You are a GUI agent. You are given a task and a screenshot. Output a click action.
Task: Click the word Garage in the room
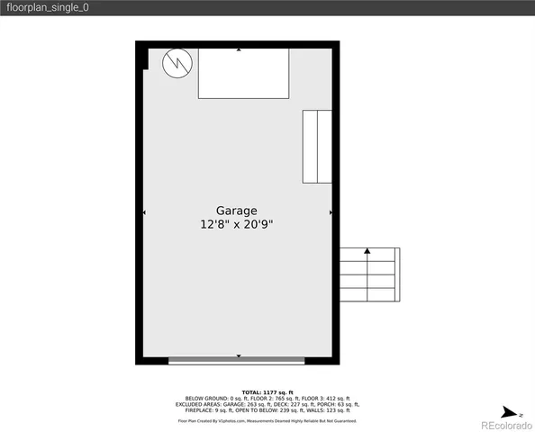[236, 211]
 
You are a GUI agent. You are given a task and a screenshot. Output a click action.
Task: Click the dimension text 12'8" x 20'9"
[236, 225]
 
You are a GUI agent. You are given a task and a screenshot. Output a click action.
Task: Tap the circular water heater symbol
[176, 64]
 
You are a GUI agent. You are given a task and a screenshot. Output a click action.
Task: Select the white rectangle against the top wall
[243, 74]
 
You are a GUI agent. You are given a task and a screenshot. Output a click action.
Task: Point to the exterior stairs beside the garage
[369, 274]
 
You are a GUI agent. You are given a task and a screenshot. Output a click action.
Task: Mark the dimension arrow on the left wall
[144, 212]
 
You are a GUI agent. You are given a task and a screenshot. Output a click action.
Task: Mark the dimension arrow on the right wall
[331, 212]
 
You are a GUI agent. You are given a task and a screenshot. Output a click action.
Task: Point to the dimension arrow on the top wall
[239, 50]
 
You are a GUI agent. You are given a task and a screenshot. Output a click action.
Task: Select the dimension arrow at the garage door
[239, 355]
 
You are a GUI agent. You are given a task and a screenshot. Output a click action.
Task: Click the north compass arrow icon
[509, 406]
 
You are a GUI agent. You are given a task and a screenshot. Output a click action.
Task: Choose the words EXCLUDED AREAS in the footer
[196, 405]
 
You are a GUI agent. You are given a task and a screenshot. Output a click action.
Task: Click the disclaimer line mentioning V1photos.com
[267, 420]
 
